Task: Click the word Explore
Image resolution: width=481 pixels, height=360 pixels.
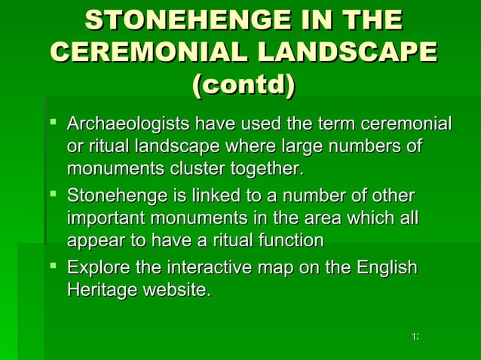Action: coord(95,268)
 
